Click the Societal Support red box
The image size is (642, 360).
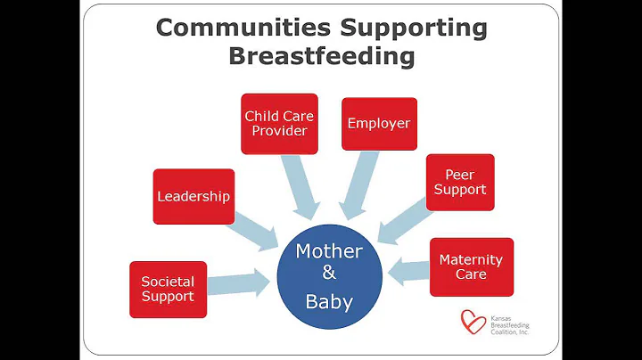[168, 289]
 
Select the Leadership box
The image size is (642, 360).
[193, 196]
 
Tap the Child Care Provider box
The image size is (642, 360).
[279, 123]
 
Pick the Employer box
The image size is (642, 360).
[379, 123]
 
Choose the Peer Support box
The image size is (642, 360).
[459, 182]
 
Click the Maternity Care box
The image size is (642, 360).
[471, 266]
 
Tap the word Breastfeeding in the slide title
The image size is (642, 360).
[321, 56]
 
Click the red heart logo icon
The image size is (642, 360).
[473, 321]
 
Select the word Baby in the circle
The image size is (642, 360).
[328, 301]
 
